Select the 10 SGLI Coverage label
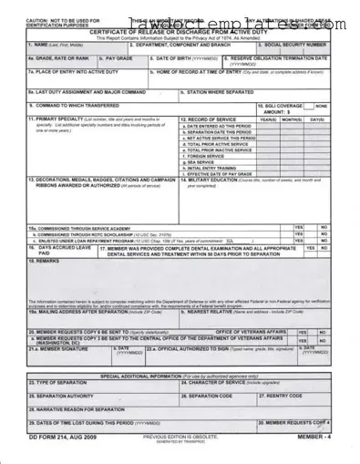tap(281, 106)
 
